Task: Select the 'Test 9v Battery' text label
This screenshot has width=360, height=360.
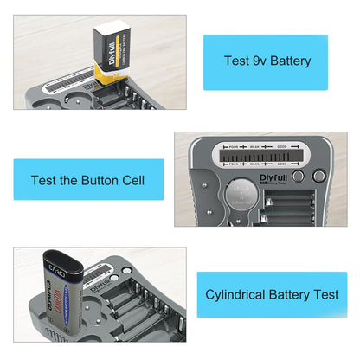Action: pyautogui.click(x=266, y=61)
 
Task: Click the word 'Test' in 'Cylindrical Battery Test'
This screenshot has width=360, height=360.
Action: pyautogui.click(x=324, y=294)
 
